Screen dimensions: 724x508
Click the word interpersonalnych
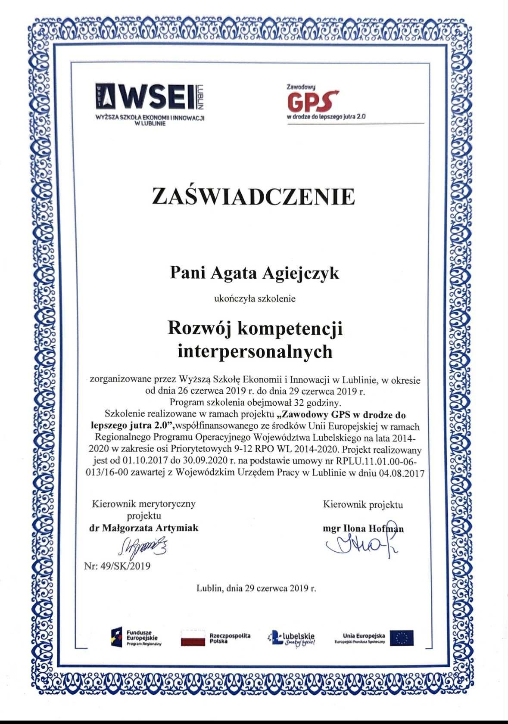(255, 351)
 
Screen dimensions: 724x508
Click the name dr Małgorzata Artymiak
(144, 528)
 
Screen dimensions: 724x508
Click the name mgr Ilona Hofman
(363, 529)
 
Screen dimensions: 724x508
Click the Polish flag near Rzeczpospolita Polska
(193, 637)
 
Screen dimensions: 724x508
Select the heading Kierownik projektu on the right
(363, 504)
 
